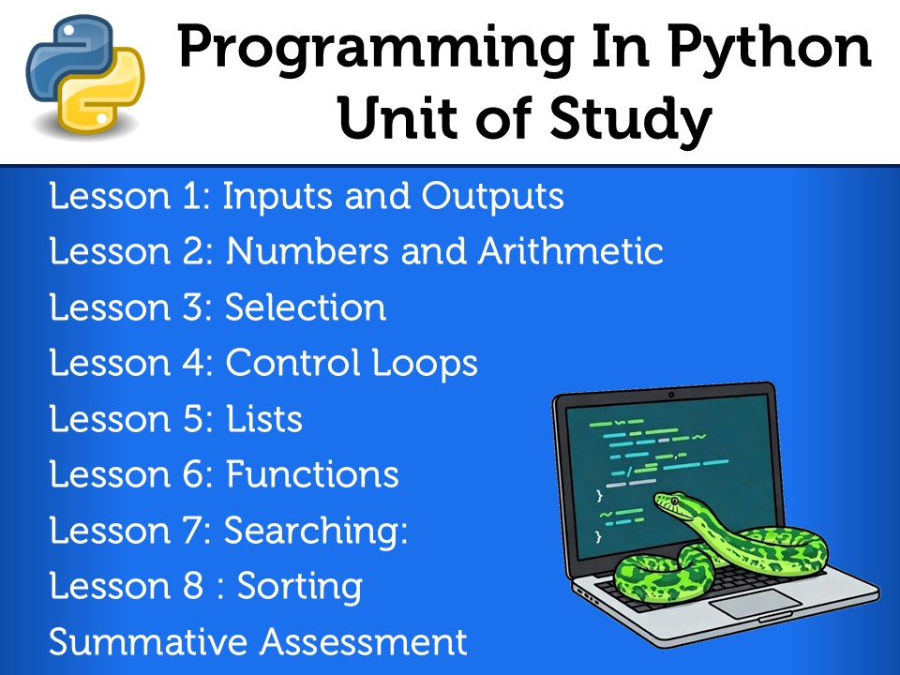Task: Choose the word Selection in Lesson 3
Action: pos(306,307)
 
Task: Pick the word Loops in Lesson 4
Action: pos(430,363)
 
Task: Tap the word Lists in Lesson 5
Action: pos(264,419)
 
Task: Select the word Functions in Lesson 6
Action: pos(312,474)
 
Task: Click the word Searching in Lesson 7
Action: pos(313,532)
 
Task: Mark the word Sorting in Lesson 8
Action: pos(299,587)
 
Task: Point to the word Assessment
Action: pos(364,642)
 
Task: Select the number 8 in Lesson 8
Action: pos(192,587)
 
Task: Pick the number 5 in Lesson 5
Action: pos(193,419)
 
